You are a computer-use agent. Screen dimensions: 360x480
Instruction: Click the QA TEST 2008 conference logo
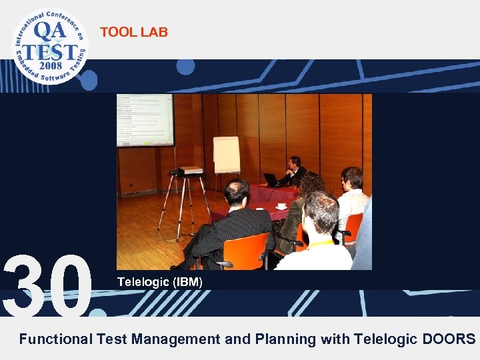49,46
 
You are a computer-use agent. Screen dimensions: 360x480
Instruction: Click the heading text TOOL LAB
134,32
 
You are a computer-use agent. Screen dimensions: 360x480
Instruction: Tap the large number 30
48,285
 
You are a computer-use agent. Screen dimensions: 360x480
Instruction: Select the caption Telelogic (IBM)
159,282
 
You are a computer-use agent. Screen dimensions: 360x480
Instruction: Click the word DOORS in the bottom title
449,339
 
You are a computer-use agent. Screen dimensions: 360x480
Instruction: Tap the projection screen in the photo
145,119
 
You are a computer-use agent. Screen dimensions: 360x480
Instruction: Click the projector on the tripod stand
186,172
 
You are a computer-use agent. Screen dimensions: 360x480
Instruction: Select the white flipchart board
227,154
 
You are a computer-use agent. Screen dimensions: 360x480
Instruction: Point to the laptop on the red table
271,179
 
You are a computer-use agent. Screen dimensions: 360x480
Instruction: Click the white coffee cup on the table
281,206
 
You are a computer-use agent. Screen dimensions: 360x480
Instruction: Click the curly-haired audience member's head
311,185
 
